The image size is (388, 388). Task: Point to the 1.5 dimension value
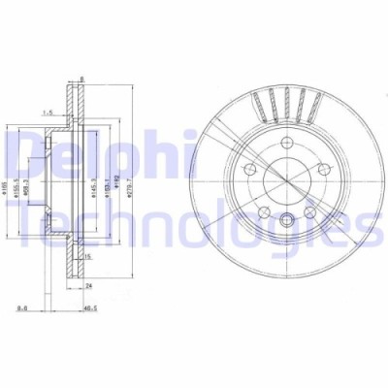click(x=47, y=113)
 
